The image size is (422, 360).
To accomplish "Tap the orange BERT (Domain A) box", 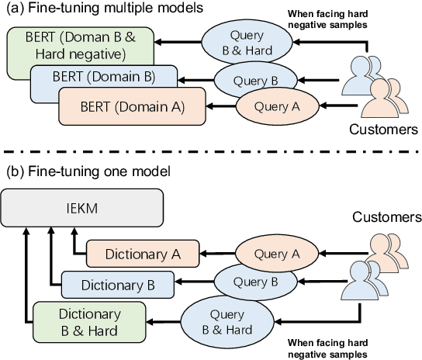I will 132,107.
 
